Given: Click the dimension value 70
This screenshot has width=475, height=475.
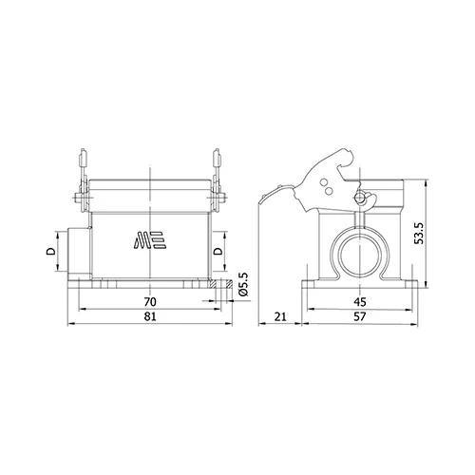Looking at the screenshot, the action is (x=150, y=302).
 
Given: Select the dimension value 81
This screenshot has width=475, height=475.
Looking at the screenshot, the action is (x=150, y=316).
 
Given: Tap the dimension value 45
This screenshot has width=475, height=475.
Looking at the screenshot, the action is (x=360, y=302).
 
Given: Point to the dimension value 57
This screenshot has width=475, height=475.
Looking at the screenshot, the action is (x=360, y=316).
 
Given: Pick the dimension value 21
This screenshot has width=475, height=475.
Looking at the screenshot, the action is (x=280, y=316).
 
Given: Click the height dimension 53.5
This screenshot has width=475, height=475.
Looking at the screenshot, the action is (x=419, y=233).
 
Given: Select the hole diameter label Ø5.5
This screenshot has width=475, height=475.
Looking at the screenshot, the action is (x=244, y=284).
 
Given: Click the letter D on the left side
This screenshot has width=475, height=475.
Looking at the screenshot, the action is (x=51, y=252).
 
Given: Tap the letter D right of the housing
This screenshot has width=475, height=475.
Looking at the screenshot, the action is (x=218, y=252).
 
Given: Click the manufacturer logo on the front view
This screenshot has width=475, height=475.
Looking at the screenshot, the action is (x=150, y=239).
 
